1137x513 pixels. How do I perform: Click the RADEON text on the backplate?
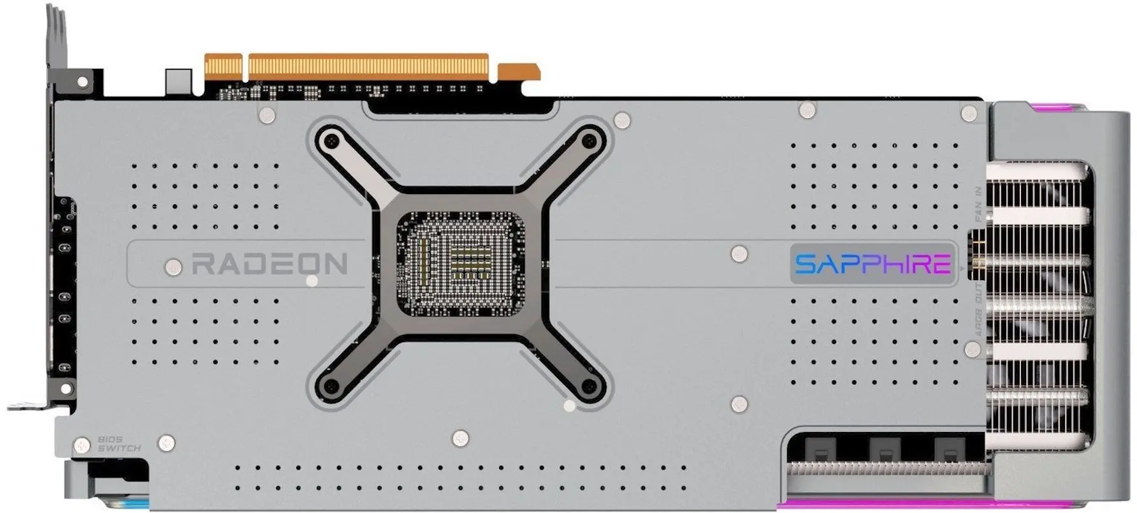[x=269, y=264]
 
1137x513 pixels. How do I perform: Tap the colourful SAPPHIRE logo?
[x=873, y=263]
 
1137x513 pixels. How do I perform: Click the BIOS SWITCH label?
[x=119, y=444]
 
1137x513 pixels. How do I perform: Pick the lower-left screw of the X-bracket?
[x=330, y=386]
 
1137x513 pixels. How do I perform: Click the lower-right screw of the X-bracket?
[x=590, y=386]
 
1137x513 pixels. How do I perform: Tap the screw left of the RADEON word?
[x=172, y=266]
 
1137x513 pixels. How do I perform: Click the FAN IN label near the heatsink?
[x=979, y=204]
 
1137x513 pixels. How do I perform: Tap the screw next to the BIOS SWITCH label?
[x=82, y=445]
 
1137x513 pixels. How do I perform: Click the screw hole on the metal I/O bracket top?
[x=82, y=82]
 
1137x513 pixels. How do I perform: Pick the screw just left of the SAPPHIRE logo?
[x=739, y=253]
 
